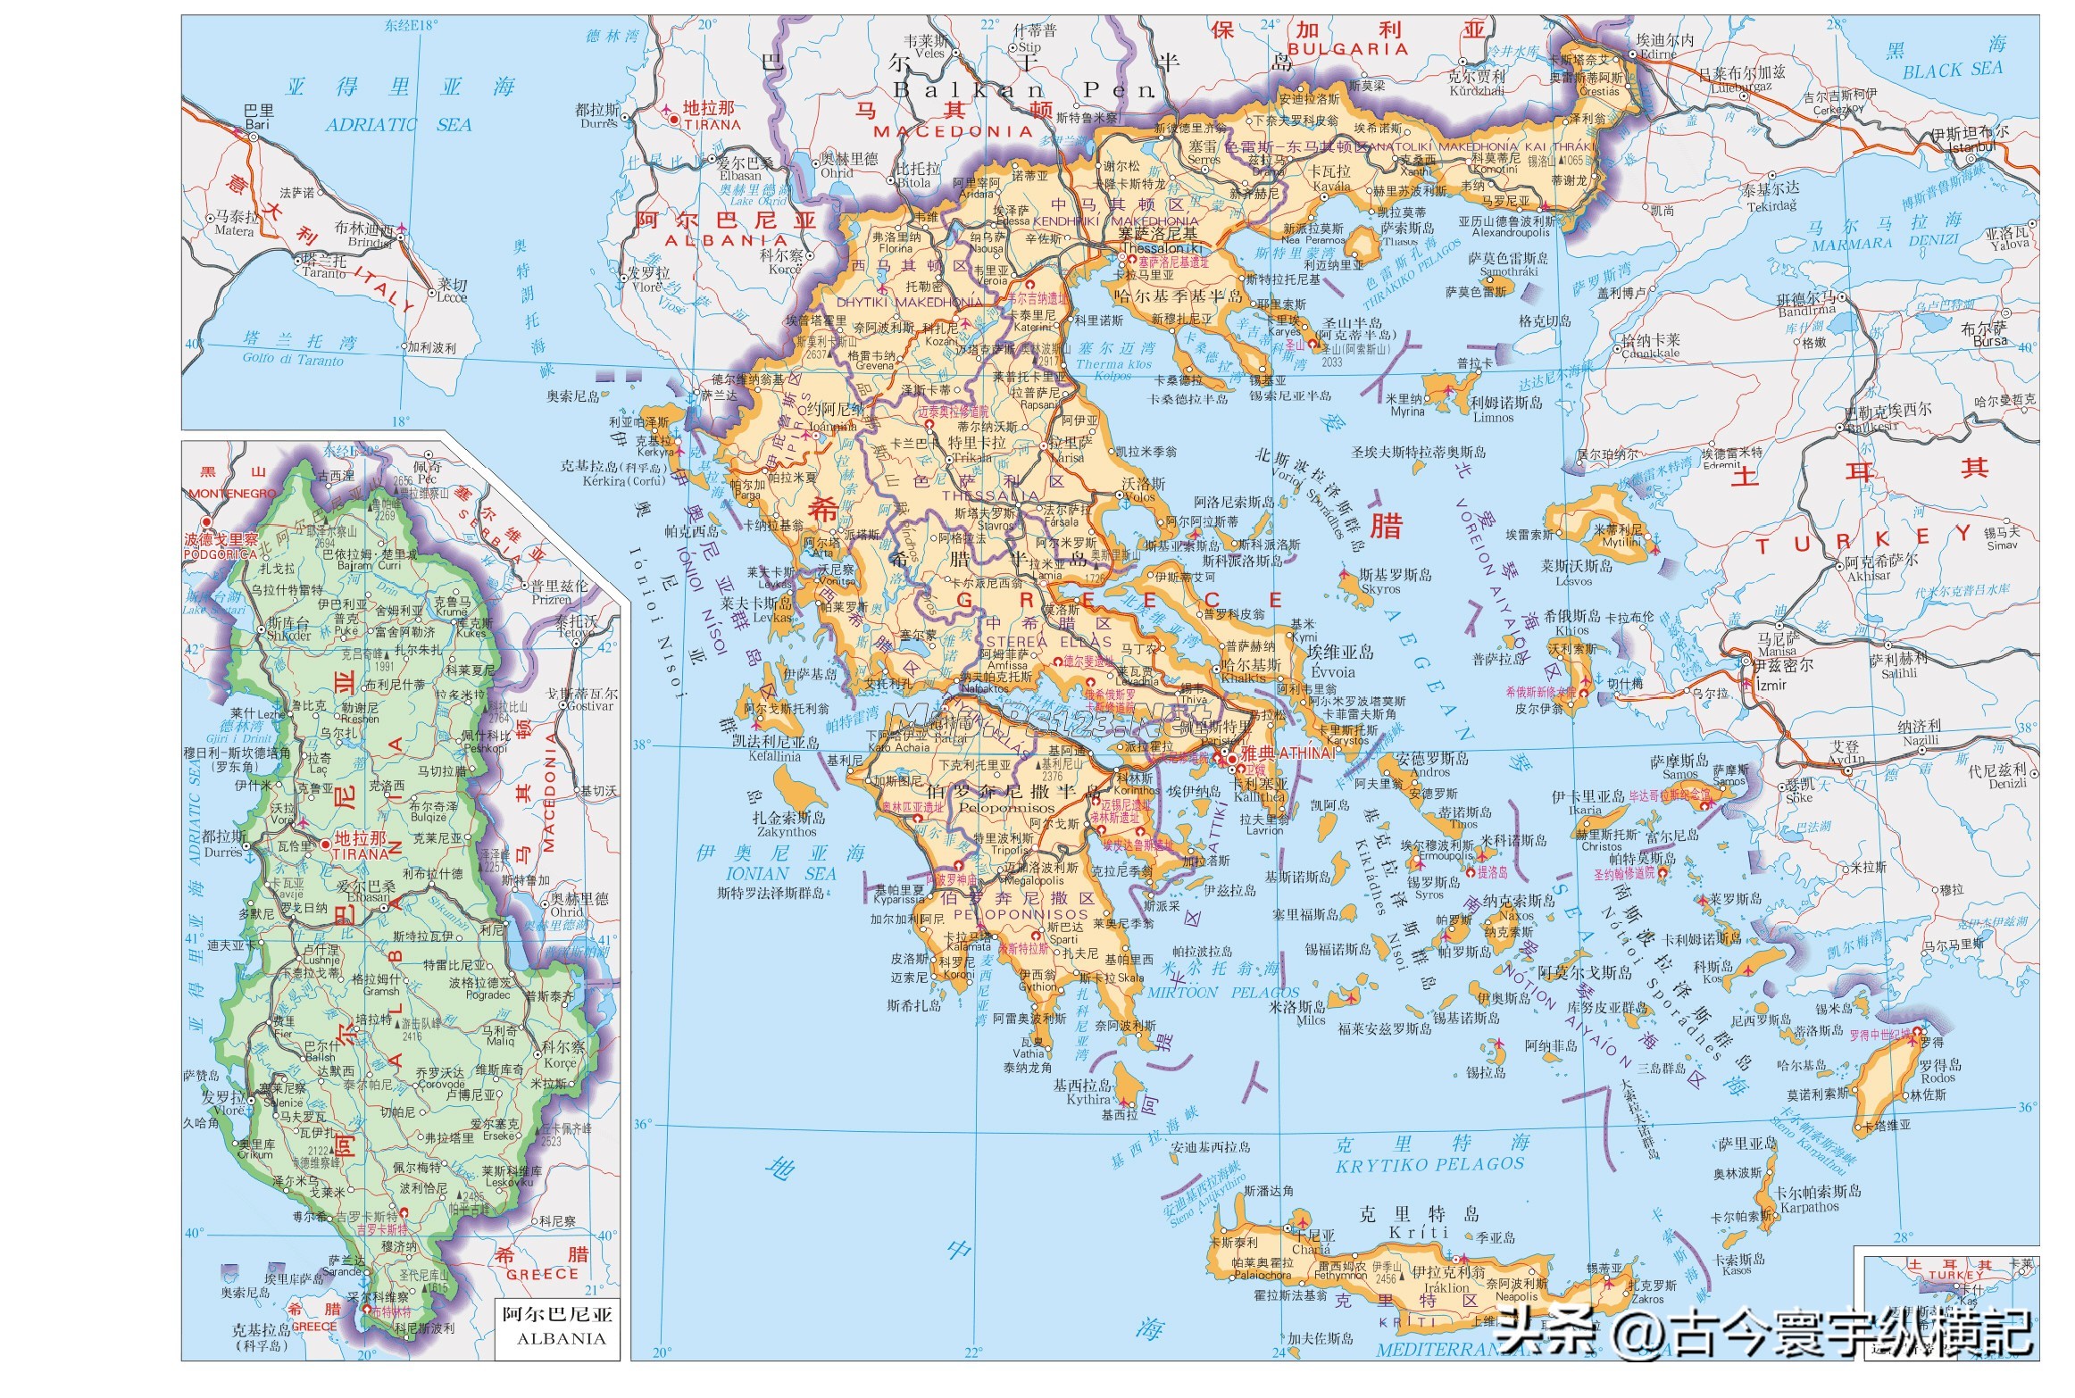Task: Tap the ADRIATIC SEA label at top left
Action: (398, 125)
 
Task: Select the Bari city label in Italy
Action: (257, 125)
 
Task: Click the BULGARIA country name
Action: (1347, 49)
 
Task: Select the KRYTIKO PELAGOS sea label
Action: (1429, 1165)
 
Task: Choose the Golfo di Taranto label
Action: (293, 360)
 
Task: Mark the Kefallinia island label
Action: (774, 756)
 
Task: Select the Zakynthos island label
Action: (787, 832)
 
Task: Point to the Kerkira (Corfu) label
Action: (624, 480)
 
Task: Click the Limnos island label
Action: (1493, 417)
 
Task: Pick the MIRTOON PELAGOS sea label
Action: (1223, 993)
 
